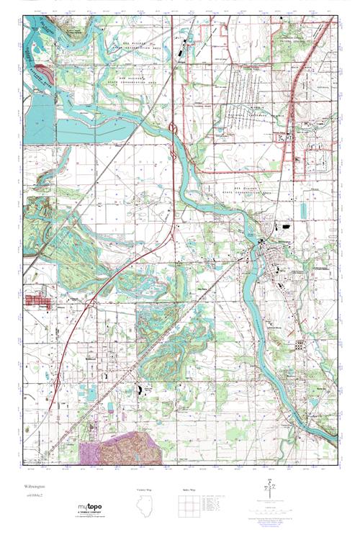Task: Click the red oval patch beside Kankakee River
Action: [45, 71]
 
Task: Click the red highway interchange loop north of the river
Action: [173, 130]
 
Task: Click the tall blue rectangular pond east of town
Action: [303, 210]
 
